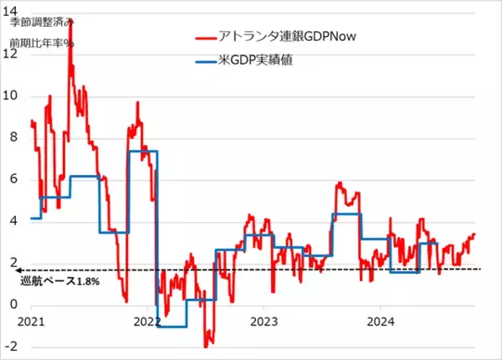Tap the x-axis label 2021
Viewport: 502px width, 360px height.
31,321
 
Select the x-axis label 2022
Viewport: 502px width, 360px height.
147,321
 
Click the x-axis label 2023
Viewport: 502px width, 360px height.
264,321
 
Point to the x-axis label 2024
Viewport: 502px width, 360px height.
382,321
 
